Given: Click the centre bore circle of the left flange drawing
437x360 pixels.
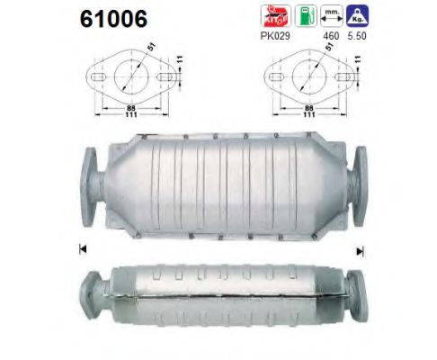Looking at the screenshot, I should [x=130, y=76].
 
